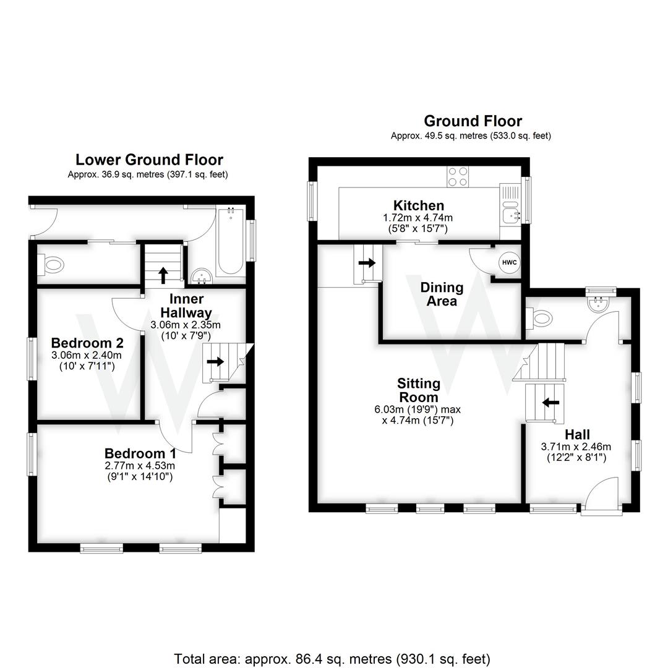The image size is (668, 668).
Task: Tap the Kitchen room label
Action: click(x=419, y=205)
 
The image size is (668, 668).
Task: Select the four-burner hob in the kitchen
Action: click(x=458, y=176)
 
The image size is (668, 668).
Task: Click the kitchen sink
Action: click(x=511, y=215)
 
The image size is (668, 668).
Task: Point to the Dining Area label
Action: click(x=442, y=294)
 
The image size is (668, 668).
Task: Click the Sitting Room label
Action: click(x=419, y=390)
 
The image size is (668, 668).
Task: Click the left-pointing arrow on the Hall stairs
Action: click(x=550, y=402)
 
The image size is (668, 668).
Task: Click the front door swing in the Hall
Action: click(x=602, y=497)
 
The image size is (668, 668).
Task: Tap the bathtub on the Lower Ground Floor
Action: click(x=230, y=241)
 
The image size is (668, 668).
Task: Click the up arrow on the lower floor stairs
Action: click(x=163, y=273)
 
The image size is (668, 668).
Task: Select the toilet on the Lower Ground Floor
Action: click(x=52, y=265)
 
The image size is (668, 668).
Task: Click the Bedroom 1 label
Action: click(x=140, y=453)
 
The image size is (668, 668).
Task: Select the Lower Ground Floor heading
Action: click(x=148, y=160)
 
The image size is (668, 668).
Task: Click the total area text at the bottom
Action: click(x=332, y=659)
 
